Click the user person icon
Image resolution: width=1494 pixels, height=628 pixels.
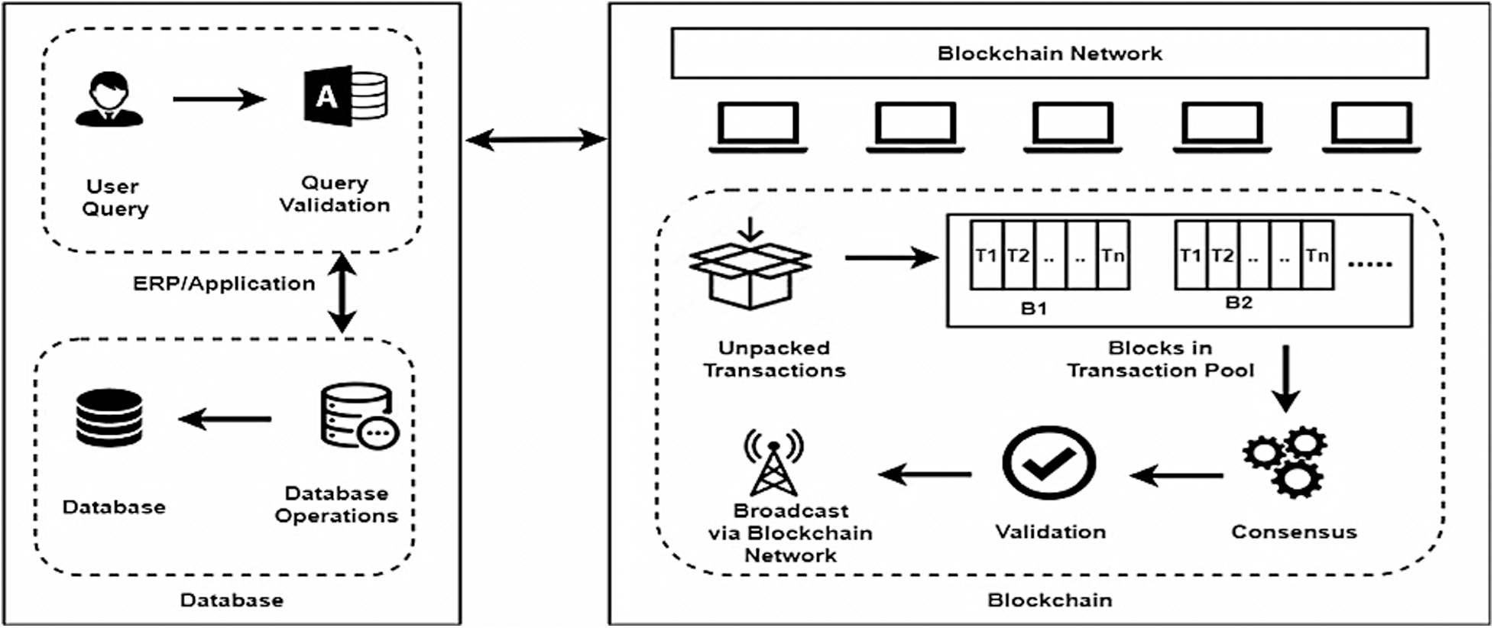point(109,99)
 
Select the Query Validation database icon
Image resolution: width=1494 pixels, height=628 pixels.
point(345,96)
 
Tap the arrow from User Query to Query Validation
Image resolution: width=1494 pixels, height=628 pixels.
point(219,99)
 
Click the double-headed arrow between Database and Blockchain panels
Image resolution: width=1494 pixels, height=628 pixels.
point(536,139)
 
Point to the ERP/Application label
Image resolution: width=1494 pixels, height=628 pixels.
point(224,283)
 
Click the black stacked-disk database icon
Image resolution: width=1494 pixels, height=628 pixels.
point(109,417)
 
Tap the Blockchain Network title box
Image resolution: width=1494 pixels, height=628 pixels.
point(1049,53)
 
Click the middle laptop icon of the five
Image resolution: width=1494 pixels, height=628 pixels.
point(1072,127)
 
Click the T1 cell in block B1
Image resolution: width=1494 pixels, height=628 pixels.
point(986,255)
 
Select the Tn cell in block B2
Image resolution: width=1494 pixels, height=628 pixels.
point(1317,255)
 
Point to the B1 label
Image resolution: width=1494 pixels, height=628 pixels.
point(1033,309)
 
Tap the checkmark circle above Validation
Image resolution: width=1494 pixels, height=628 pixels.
point(1048,463)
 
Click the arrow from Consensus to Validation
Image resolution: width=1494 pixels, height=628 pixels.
point(1176,475)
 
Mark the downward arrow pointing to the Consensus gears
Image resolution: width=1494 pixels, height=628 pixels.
point(1285,379)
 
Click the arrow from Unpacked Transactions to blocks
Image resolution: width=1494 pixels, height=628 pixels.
point(890,257)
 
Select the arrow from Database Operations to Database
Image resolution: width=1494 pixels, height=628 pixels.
point(225,419)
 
